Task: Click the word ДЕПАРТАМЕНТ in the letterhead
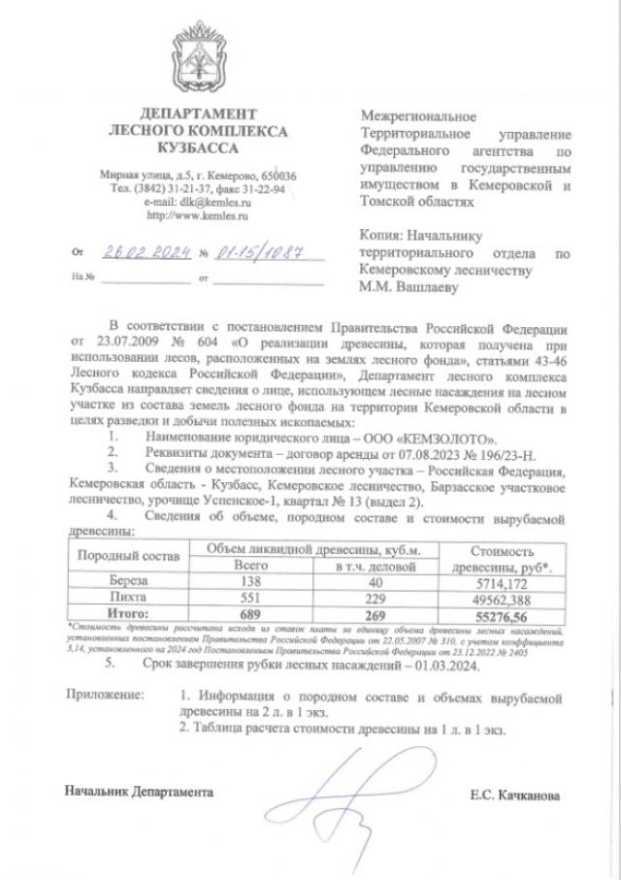pos(200,114)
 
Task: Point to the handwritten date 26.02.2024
pos(144,252)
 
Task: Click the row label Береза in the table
pos(129,580)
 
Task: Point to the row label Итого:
pos(129,614)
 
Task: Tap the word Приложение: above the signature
pos(104,697)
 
